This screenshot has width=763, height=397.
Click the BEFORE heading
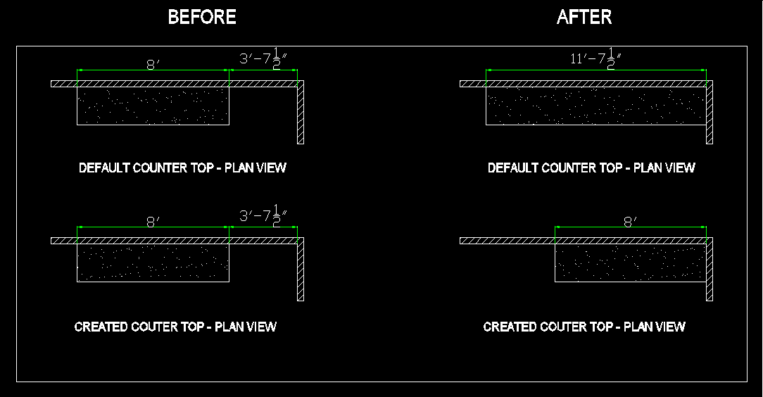[202, 18]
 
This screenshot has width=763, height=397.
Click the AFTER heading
[584, 18]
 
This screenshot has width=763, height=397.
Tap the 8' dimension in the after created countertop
[630, 222]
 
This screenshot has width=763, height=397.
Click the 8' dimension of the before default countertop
[151, 65]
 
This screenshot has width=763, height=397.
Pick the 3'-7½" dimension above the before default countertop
[264, 60]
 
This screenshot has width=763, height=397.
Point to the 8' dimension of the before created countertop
[151, 222]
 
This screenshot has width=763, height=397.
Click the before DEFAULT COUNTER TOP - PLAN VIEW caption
[182, 168]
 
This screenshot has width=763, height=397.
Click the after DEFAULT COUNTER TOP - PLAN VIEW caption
[591, 168]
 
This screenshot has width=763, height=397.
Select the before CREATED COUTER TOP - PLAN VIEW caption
[175, 327]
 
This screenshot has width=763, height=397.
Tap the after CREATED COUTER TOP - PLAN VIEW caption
[584, 327]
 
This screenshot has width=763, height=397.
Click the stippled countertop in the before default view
[153, 106]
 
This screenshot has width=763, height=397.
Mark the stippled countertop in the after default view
[595, 106]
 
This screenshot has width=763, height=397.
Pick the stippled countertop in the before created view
[153, 263]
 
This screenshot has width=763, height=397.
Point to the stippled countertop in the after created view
[630, 263]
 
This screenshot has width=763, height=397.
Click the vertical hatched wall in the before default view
[301, 113]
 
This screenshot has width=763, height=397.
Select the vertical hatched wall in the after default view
[710, 113]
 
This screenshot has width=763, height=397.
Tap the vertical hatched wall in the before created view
[301, 270]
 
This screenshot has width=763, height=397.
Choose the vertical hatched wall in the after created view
[710, 270]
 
